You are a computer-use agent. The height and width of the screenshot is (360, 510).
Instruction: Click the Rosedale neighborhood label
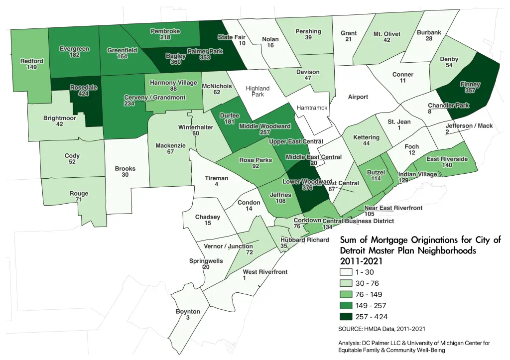coord(83,87)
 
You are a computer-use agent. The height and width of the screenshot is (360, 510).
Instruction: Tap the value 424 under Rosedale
coord(83,94)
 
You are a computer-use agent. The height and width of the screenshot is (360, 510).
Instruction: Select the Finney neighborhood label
coord(470,84)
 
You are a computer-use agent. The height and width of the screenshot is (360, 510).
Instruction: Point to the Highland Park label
coord(257,91)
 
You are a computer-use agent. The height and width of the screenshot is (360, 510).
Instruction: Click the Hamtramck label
coord(311,108)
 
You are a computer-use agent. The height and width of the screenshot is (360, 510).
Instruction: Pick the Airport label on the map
coord(358,97)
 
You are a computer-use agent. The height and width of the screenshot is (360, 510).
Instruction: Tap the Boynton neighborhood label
coord(188,312)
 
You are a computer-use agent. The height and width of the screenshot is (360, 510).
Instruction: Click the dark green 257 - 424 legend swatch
coord(346,317)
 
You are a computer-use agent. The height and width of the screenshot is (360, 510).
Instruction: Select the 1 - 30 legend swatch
coord(346,272)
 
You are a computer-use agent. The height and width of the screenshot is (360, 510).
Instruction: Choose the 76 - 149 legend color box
coord(346,294)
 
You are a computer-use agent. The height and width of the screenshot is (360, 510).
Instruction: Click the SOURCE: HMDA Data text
coord(382,329)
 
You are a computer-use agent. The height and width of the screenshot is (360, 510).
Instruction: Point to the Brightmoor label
coord(59,118)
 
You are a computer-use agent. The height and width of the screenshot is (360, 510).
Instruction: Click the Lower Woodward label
coord(307,182)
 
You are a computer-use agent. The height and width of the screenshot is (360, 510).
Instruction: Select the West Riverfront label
coord(265,272)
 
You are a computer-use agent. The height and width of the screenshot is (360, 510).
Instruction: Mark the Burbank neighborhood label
coord(429,33)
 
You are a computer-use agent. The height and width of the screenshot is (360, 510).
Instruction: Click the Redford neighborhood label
coord(31,61)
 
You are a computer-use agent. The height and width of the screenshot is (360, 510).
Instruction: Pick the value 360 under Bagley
coord(175,63)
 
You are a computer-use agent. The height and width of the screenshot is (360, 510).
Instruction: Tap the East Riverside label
coord(447,159)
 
